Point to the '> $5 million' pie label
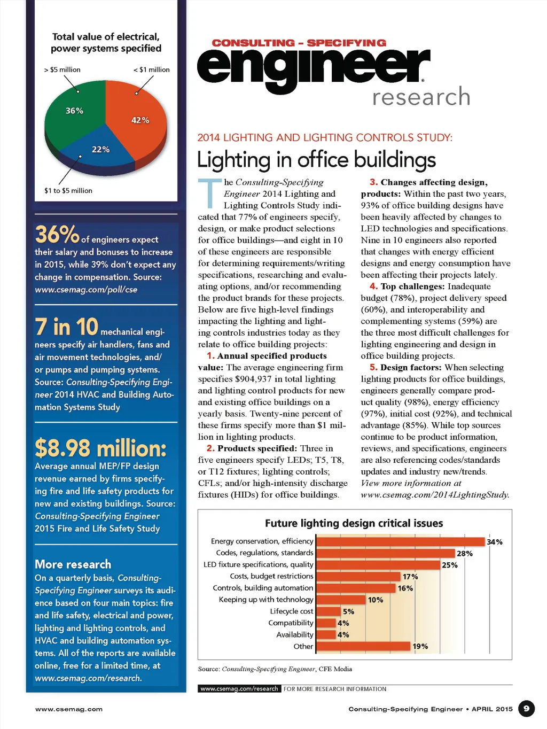pyautogui.click(x=62, y=69)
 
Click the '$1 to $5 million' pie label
pyautogui.click(x=68, y=190)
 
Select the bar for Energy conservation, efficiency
pyautogui.click(x=401, y=541)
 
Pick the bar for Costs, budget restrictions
pyautogui.click(x=358, y=576)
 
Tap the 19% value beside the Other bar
pyautogui.click(x=420, y=646)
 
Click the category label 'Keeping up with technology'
pyautogui.click(x=266, y=600)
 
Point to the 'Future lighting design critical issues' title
pyautogui.click(x=354, y=523)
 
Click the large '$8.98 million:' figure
pyautogui.click(x=101, y=448)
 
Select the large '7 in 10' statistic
pyautogui.click(x=67, y=327)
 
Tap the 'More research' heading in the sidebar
pyautogui.click(x=73, y=564)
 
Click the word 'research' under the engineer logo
pyautogui.click(x=421, y=97)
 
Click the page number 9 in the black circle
pyautogui.click(x=526, y=709)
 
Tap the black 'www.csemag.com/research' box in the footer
pyautogui.click(x=239, y=689)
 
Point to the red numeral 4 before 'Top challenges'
pyautogui.click(x=373, y=286)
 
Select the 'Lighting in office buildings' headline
pyautogui.click(x=316, y=160)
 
